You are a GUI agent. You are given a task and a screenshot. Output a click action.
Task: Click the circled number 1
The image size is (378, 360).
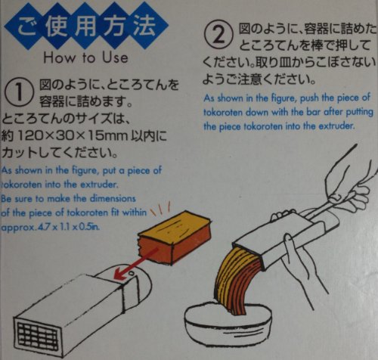point(19,92)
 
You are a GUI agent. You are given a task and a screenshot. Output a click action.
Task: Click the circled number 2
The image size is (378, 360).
point(218,35)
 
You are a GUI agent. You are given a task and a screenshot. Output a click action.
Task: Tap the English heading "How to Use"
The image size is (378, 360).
point(85,57)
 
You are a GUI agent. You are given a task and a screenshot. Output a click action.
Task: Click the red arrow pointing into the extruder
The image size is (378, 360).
point(136,263)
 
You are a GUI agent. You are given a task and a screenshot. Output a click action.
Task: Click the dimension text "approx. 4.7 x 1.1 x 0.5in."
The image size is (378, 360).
point(50,227)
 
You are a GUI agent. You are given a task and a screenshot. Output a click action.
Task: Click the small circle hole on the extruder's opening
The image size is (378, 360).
point(131,273)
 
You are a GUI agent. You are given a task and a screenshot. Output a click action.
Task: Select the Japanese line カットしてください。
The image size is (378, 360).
point(59,153)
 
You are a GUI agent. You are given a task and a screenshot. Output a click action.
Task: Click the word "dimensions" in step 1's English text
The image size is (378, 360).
point(113,199)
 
